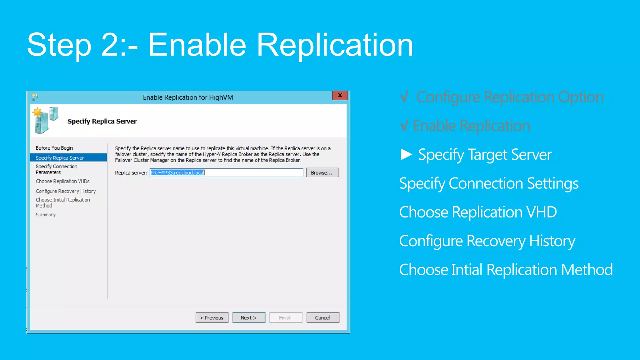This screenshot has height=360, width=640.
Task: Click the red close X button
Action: (x=340, y=95)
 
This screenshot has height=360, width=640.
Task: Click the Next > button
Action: (x=248, y=317)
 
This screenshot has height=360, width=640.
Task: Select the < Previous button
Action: (x=212, y=317)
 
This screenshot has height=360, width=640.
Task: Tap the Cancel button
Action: (x=322, y=317)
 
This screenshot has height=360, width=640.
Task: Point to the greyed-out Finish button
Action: (x=285, y=317)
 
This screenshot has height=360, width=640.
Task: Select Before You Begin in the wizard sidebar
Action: (x=54, y=148)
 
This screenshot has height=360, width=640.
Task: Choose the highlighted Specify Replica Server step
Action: (x=60, y=158)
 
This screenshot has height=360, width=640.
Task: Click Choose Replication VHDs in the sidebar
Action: (x=62, y=181)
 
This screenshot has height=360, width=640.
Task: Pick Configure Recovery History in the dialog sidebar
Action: (x=66, y=191)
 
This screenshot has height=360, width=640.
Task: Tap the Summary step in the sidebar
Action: (x=46, y=215)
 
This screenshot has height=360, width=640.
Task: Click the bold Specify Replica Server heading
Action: (x=102, y=121)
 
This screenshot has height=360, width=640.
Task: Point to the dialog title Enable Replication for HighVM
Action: (x=188, y=97)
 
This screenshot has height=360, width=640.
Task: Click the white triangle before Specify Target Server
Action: (x=406, y=154)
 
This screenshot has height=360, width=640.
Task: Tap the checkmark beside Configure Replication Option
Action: (x=404, y=97)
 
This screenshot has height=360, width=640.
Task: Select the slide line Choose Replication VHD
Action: (x=478, y=212)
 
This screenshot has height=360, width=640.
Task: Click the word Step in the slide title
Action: (x=59, y=45)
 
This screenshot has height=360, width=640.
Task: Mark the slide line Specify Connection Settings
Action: (x=489, y=183)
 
